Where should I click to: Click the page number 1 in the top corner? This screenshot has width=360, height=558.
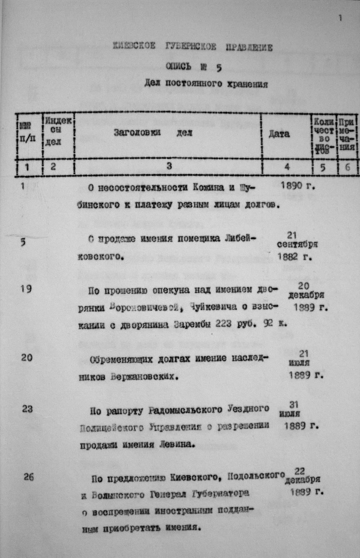tap(340, 19)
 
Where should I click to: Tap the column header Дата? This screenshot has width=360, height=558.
tap(279, 134)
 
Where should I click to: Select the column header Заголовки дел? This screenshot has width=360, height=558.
tap(153, 133)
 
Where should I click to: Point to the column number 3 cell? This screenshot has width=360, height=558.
tap(169, 167)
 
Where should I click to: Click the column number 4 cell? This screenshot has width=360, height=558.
tap(287, 167)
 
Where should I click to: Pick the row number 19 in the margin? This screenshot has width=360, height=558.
tap(27, 289)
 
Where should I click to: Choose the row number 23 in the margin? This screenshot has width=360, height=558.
tap(28, 409)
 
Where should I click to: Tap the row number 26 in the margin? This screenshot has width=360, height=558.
tap(29, 478)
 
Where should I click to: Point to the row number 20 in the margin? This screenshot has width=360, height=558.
tap(27, 358)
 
